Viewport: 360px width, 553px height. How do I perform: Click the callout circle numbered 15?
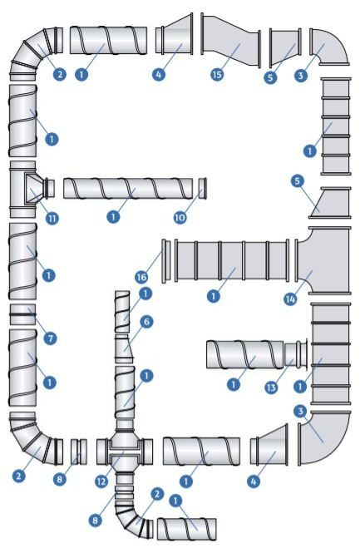pos(217,74)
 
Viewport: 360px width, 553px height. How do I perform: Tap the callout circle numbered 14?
pos(290,299)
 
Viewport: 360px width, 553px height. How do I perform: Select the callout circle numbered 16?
pos(141,277)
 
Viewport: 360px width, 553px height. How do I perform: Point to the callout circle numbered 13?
pos(271,388)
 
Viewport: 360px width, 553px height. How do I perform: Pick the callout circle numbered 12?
pos(101,481)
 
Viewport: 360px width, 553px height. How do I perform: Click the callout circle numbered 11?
pos(52,219)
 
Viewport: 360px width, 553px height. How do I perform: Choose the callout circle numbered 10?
pos(180,217)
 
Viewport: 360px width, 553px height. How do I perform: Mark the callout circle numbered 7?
pos(50,338)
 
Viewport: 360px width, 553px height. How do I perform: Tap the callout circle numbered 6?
pos(146,322)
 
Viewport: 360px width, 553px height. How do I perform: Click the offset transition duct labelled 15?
pos(231,40)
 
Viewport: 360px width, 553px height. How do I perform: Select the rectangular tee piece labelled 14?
pos(323,260)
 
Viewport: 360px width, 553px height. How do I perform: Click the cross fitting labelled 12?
pos(125,452)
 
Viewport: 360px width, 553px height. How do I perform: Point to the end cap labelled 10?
pos(202,189)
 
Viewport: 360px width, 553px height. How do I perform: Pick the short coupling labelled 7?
pos(22,314)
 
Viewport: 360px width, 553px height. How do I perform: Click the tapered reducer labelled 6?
pos(124,348)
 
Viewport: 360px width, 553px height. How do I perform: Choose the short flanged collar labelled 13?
pos(296,355)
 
